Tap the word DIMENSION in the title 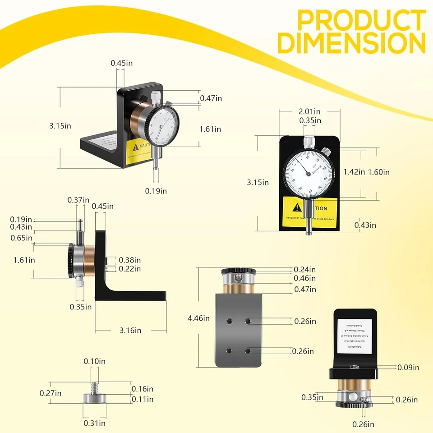click(351, 43)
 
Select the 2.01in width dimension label click(309, 111)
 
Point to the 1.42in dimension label click(354, 171)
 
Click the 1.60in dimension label click(379, 171)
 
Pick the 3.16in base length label click(130, 331)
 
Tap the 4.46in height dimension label click(198, 318)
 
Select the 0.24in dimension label click(305, 269)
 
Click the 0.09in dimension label click(409, 368)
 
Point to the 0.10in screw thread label click(95, 361)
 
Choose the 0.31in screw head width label click(95, 423)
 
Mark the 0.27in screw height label click(50, 393)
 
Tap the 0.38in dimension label click(130, 260)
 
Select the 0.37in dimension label click(78, 200)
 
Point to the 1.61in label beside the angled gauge click(210, 129)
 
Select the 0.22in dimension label click(130, 269)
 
